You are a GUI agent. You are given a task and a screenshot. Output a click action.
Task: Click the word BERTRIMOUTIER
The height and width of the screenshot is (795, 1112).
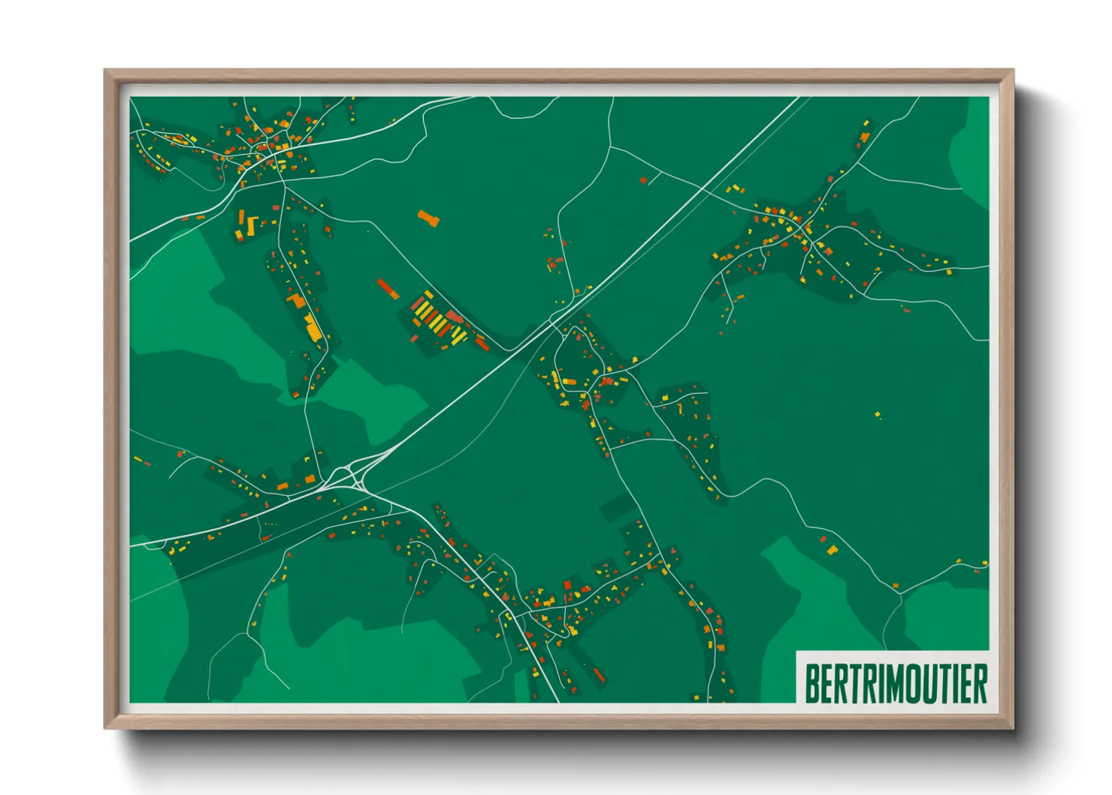896,683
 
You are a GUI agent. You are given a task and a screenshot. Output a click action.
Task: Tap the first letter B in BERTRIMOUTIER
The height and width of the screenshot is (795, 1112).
811,683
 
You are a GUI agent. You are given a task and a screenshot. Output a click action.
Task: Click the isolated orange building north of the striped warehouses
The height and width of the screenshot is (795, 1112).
428,219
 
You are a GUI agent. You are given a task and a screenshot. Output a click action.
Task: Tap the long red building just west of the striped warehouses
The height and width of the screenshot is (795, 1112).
388,289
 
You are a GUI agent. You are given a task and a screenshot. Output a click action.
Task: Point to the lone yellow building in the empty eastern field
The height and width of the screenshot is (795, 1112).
877,414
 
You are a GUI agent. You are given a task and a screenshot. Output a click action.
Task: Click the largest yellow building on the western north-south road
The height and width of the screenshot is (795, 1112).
313,328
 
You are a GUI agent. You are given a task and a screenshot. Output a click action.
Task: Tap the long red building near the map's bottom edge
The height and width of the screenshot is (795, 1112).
599,674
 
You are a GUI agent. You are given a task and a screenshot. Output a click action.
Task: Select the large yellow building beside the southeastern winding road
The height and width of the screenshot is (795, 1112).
832,551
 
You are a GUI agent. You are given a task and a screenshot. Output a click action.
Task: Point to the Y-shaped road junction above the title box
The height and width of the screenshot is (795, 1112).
901,594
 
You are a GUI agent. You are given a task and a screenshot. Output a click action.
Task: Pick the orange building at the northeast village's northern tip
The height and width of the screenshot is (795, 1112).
865,137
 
